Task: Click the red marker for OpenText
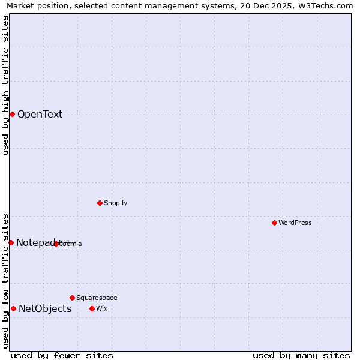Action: pyautogui.click(x=12, y=114)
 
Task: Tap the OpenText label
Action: pyautogui.click(x=40, y=115)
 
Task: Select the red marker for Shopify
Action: pyautogui.click(x=100, y=203)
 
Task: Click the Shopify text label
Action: pyautogui.click(x=115, y=203)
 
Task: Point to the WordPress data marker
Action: pyautogui.click(x=274, y=223)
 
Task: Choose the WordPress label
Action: pyautogui.click(x=295, y=223)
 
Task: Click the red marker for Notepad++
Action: pyautogui.click(x=11, y=242)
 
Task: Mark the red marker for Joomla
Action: pyautogui.click(x=56, y=244)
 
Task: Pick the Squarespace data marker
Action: pyautogui.click(x=72, y=298)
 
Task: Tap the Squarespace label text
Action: pyautogui.click(x=97, y=298)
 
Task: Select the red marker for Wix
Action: pyautogui.click(x=92, y=308)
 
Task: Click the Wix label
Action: pyautogui.click(x=101, y=308)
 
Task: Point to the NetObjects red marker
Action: pyautogui.click(x=13, y=308)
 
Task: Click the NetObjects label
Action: pyautogui.click(x=45, y=309)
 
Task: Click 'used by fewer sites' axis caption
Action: pyautogui.click(x=62, y=355)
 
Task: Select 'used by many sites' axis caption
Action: pyautogui.click(x=301, y=355)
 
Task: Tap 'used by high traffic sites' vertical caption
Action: pyautogui.click(x=5, y=85)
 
